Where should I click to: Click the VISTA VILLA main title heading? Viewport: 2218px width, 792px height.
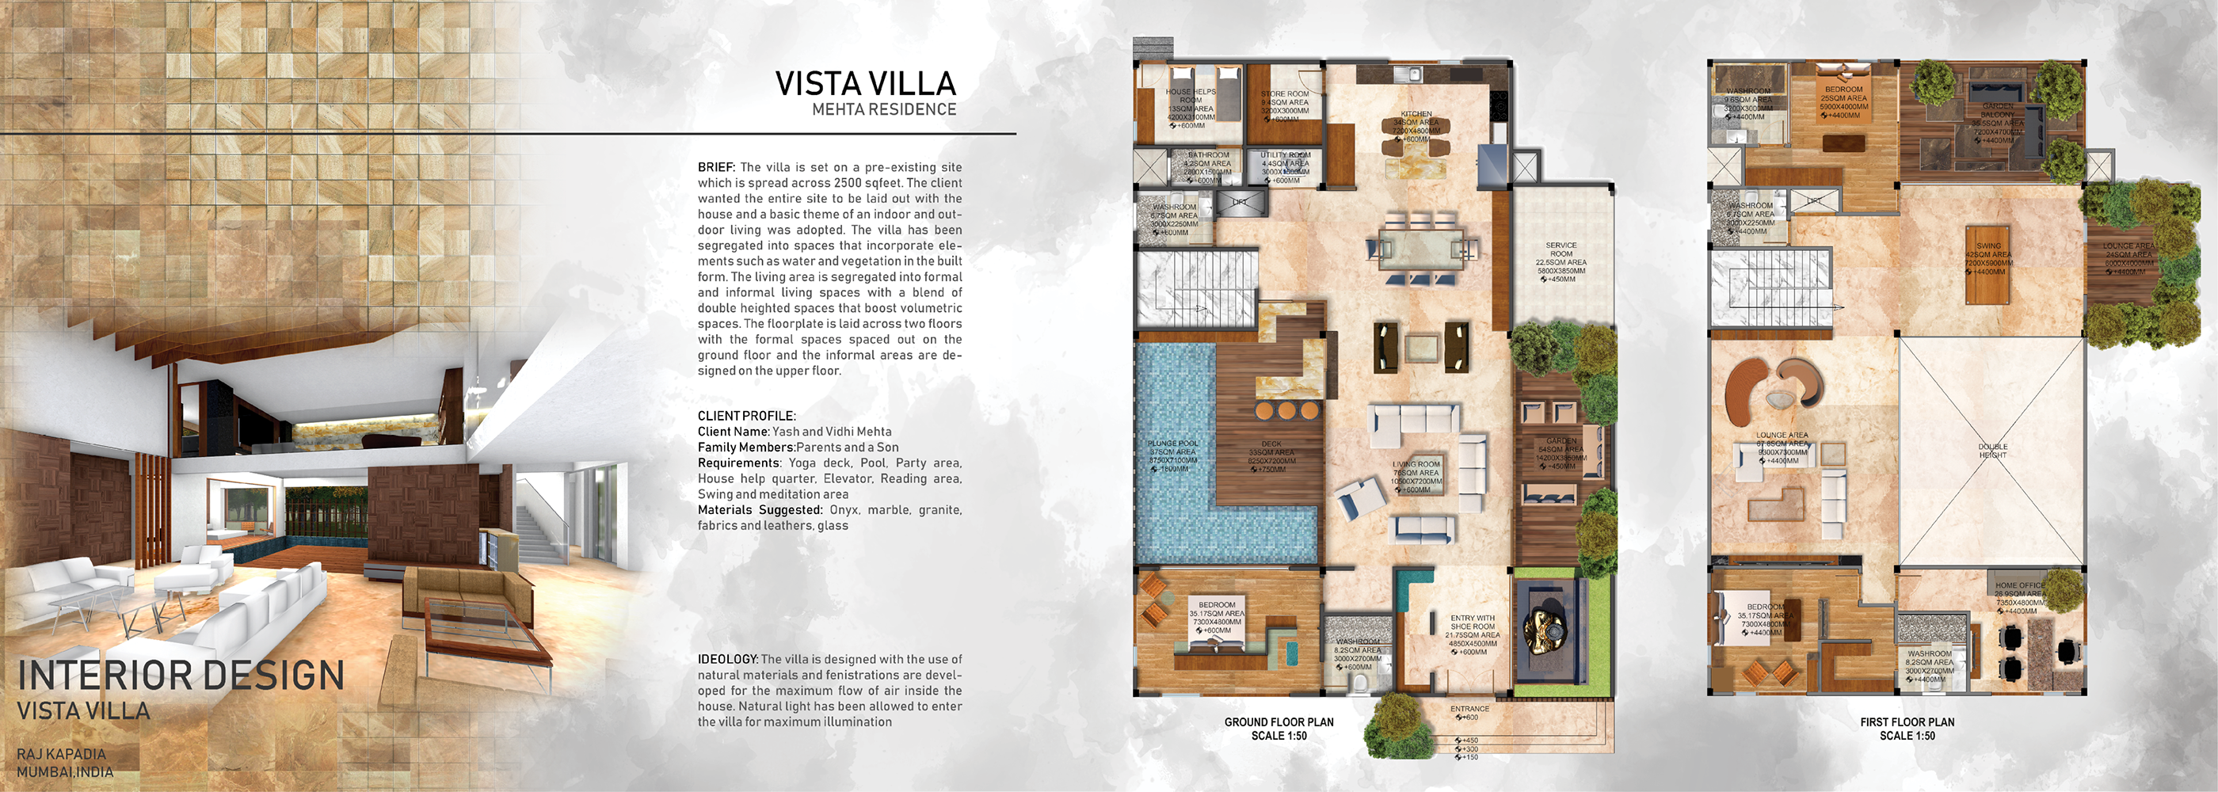[865, 83]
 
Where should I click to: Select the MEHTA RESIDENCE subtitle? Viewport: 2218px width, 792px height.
[883, 110]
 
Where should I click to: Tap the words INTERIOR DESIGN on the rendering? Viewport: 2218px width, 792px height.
[181, 675]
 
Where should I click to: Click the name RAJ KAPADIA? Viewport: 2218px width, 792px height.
[61, 754]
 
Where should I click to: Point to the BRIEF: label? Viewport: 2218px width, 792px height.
[716, 167]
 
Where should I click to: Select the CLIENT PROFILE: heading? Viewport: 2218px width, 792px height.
[745, 416]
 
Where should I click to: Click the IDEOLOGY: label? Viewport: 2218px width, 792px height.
[726, 660]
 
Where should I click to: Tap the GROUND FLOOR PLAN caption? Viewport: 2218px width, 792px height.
[1279, 722]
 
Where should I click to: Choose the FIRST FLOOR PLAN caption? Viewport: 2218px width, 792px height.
[1907, 722]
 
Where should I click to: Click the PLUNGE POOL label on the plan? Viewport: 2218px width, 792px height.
[1172, 444]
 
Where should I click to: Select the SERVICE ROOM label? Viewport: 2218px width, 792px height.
[1561, 249]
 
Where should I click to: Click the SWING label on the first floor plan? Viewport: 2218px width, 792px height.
[1988, 246]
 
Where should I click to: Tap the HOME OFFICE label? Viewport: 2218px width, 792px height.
[2019, 585]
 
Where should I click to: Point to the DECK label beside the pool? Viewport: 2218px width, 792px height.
[1271, 444]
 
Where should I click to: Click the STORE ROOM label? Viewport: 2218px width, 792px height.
[1285, 93]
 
